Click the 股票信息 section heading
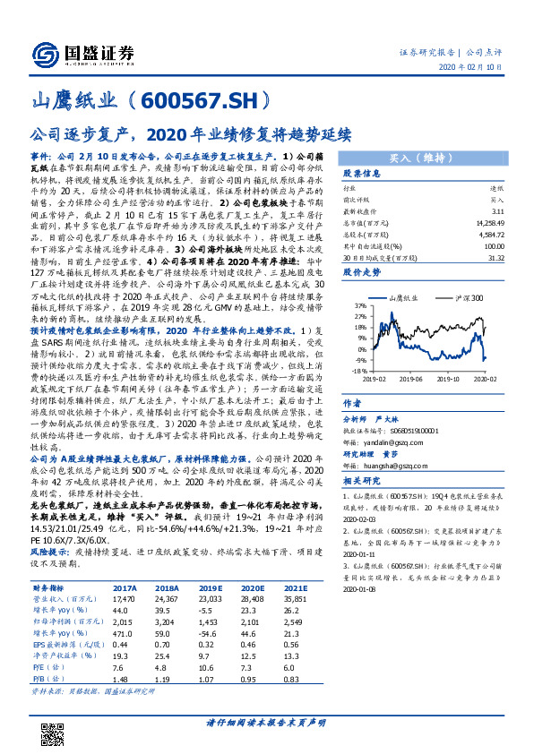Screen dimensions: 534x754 (362, 173)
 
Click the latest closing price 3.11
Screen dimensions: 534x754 (497, 209)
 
